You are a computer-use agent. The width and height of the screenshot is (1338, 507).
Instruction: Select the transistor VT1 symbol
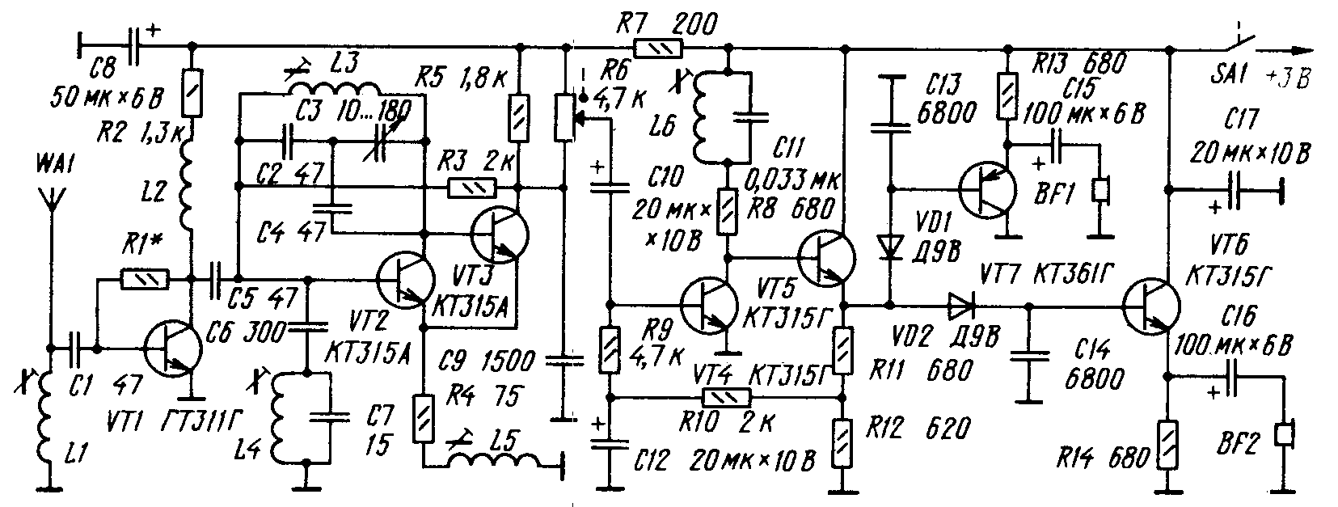[x=172, y=349]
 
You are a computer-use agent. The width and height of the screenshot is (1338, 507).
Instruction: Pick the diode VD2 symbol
[x=963, y=306]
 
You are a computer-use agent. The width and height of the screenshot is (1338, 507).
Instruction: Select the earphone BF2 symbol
[x=1284, y=434]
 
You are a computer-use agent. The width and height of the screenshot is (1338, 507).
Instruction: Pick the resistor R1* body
[x=145, y=280]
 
